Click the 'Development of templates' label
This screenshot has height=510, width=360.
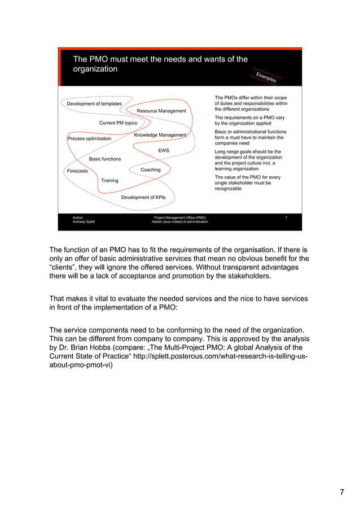pyautogui.click(x=94, y=104)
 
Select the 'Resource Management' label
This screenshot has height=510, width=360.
pyautogui.click(x=161, y=111)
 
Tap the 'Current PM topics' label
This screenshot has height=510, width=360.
pyautogui.click(x=118, y=123)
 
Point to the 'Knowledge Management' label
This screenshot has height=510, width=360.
pyautogui.click(x=160, y=135)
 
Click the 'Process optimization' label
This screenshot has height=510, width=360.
pyautogui.click(x=89, y=138)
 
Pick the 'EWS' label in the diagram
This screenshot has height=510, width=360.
pyautogui.click(x=164, y=151)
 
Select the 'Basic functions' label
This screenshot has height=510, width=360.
pyautogui.click(x=105, y=159)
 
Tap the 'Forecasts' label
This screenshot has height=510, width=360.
pyautogui.click(x=77, y=171)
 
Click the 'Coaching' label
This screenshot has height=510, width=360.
pyautogui.click(x=150, y=169)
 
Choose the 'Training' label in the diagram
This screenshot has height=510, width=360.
pyautogui.click(x=109, y=181)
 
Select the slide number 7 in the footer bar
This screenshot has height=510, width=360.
pyautogui.click(x=287, y=217)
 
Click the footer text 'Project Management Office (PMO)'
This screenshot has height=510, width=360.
pyautogui.click(x=180, y=217)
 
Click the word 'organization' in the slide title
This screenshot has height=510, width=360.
pyautogui.click(x=95, y=69)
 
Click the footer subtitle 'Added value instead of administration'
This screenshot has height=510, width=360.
pyautogui.click(x=179, y=222)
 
